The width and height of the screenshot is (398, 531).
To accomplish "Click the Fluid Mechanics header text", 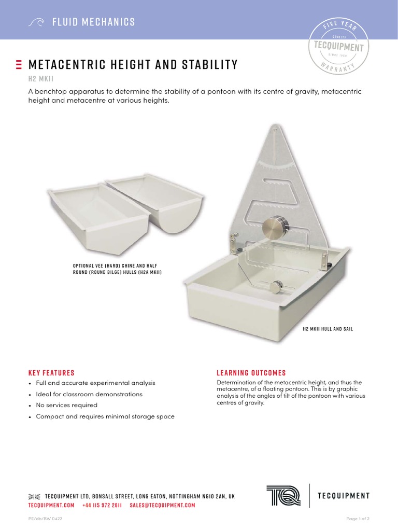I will pyautogui.click(x=93, y=22).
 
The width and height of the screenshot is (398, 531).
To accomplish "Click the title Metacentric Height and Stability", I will pyautogui.click(x=133, y=65).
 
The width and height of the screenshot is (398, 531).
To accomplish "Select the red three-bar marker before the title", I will pyautogui.click(x=19, y=65).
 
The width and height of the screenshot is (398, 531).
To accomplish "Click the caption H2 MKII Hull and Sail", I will pyautogui.click(x=328, y=329).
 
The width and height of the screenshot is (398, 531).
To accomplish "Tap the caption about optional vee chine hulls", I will pyautogui.click(x=117, y=269).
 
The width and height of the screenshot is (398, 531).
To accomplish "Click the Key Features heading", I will pyautogui.click(x=51, y=373).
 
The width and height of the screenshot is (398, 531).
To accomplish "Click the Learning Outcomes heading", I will pyautogui.click(x=251, y=373).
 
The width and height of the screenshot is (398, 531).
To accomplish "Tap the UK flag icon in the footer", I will pyautogui.click(x=34, y=496).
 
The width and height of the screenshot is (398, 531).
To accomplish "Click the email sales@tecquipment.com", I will pyautogui.click(x=162, y=505).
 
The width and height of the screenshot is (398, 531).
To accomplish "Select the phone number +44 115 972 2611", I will pyautogui.click(x=102, y=505).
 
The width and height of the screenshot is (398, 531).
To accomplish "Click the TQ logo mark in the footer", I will pyautogui.click(x=283, y=496).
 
